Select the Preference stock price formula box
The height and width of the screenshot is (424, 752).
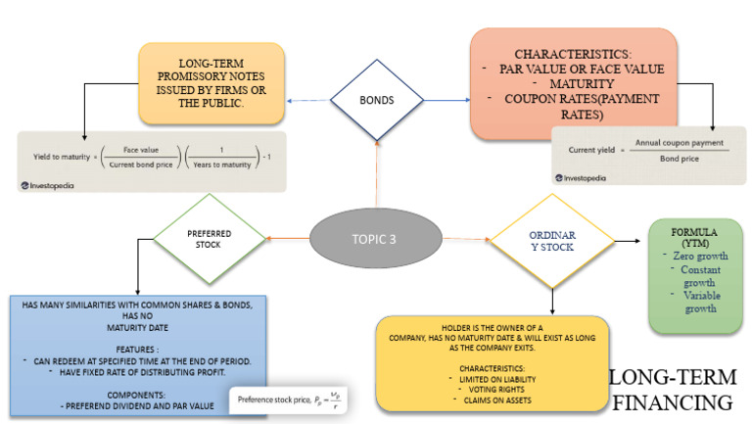(291, 400)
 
